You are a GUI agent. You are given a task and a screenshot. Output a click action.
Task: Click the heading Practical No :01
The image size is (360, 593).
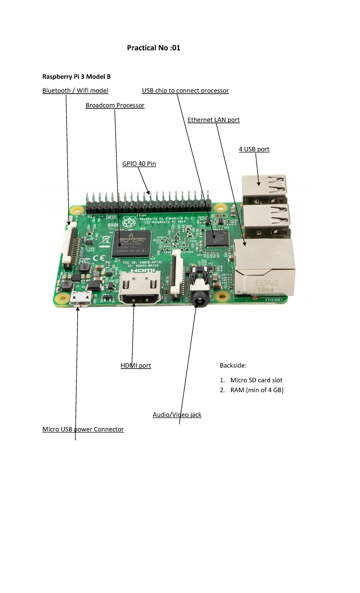(154, 48)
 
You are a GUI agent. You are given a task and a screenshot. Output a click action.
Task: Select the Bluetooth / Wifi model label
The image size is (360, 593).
(75, 91)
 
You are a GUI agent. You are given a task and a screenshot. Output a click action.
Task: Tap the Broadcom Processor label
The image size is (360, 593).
(115, 105)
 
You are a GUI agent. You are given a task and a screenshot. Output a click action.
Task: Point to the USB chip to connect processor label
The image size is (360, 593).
(185, 91)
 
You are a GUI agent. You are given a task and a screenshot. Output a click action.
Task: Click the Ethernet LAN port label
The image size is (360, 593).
(213, 120)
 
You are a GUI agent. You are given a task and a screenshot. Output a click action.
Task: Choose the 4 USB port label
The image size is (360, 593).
(254, 149)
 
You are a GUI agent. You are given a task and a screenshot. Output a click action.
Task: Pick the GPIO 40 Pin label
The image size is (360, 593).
(139, 164)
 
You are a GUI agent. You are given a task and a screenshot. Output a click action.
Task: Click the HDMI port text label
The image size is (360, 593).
(136, 366)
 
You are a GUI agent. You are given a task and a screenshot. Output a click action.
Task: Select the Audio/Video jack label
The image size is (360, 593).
(177, 415)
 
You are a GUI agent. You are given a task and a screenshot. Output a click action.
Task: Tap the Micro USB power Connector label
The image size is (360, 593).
(83, 429)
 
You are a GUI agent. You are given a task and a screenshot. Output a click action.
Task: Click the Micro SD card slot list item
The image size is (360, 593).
(256, 380)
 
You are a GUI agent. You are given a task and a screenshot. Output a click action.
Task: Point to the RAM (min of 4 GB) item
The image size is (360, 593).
(256, 390)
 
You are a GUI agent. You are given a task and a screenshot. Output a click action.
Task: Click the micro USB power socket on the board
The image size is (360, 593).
(80, 299)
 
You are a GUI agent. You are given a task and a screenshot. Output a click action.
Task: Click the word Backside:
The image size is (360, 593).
(233, 366)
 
